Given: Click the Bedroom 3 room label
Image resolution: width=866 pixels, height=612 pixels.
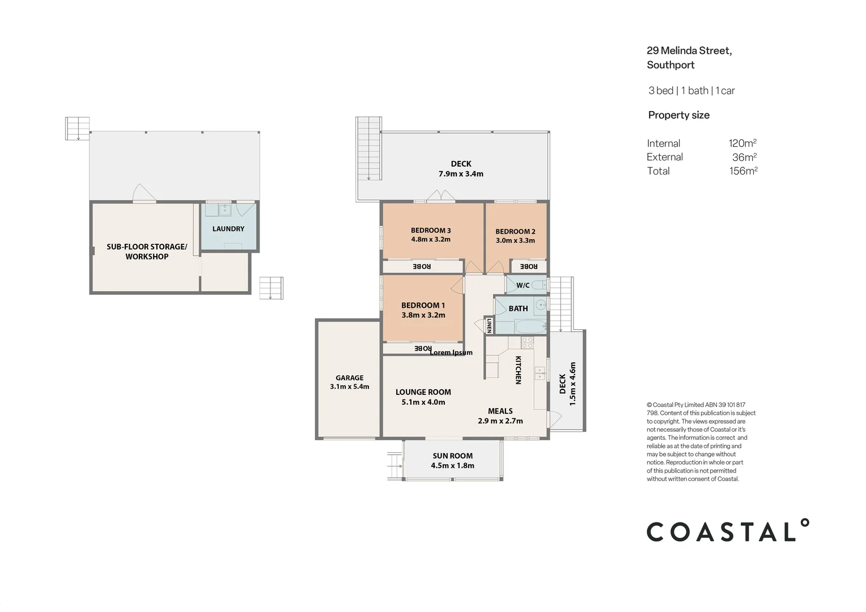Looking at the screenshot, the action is pos(431,231).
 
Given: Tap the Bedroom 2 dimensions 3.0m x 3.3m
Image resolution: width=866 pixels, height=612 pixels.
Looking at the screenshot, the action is pos(515,240).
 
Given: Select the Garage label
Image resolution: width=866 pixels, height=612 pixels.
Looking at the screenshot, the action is pos(350,378).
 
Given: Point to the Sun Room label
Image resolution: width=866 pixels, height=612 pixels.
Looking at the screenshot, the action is pos(452,456).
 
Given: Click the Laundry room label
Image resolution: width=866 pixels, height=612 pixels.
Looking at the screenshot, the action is pos(228,229).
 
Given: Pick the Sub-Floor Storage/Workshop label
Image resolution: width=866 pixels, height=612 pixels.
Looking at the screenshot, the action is pos(147,251).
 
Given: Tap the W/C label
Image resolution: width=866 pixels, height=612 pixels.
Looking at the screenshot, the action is pos(523,285).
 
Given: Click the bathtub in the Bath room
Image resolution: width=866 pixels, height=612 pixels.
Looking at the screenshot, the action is pos(530,326).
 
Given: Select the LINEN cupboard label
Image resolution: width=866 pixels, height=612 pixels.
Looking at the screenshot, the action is pos(489,325).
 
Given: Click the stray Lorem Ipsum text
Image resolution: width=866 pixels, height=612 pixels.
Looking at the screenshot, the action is pos(451,352).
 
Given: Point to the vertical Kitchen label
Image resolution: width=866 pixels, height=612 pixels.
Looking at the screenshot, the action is pos(519,370).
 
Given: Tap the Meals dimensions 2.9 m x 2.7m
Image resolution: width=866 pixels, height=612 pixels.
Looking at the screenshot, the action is pos(500,421).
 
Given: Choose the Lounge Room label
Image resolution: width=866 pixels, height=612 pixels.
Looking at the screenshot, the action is pos(423,392).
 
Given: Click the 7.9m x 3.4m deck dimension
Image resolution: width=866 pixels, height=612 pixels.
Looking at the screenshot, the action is pos(461,174).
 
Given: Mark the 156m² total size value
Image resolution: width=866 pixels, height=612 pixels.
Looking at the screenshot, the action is pos(743,171).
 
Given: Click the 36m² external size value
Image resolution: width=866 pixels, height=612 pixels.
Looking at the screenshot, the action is pos(744,157).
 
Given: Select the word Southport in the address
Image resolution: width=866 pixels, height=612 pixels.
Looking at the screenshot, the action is pos(671,65).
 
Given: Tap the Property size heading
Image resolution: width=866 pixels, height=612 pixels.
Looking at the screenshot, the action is pos(679,115).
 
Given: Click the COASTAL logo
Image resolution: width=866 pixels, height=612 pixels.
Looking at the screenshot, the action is pos(728,530).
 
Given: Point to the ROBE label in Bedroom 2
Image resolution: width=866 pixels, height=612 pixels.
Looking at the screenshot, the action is pos(528,266).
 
